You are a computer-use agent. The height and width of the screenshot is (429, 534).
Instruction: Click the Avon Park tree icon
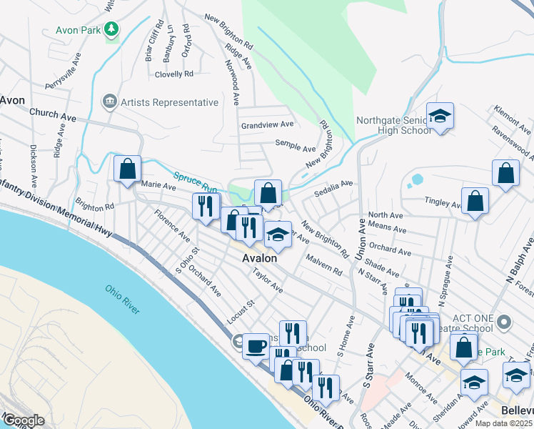pos(111,29)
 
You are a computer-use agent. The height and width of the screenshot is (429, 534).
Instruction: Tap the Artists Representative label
pos(169,102)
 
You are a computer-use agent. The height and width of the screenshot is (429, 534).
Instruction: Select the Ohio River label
pos(123,299)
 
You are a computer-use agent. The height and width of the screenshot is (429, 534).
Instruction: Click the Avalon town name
pos(259,257)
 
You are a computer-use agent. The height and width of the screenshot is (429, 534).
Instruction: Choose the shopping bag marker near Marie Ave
pos(128,169)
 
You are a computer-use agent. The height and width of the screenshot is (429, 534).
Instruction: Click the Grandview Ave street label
pos(268,125)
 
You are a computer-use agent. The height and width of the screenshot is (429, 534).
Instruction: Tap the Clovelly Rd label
pos(174,74)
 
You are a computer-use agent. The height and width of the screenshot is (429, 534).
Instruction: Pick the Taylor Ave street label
pos(268,280)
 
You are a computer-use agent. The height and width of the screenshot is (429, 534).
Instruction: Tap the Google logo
pos(24,420)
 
